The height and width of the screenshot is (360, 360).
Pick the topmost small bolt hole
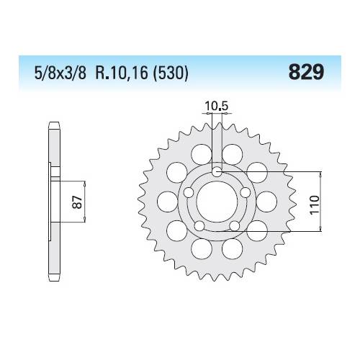pos(217,171)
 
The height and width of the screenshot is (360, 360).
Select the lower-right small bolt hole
pos(234,225)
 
